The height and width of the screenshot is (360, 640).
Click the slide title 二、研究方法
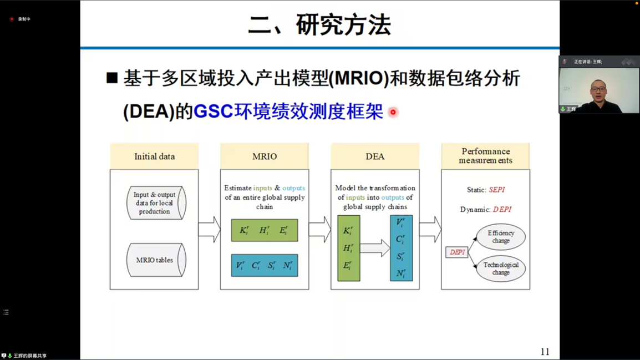pos(319,25)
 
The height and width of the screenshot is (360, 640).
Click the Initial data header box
pos(154,156)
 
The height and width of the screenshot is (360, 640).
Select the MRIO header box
pos(265,156)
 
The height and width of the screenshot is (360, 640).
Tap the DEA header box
pos(375,156)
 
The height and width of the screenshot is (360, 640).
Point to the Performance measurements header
pos(485,156)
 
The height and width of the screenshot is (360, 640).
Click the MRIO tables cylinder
pos(155,260)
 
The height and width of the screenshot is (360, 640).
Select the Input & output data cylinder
pos(155,203)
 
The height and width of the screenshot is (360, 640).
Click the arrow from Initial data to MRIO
pos(209,230)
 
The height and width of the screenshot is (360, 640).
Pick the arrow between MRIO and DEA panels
pos(319,230)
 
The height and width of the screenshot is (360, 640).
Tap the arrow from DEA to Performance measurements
pos(430,230)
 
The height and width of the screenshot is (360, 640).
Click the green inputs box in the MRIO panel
pos(265,231)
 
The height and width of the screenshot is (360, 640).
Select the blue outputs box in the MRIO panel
pos(265,266)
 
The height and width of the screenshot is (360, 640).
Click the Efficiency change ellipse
pos(501,237)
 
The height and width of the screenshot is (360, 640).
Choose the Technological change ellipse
pos(501,269)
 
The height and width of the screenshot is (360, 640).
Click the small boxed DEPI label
pos(457,252)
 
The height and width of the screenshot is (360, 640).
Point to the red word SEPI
pos(496,190)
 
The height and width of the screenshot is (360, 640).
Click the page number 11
pos(545,352)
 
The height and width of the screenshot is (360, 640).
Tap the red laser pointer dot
pos(393,112)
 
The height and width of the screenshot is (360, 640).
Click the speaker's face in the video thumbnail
pos(597,88)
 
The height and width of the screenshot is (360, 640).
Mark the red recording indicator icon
pos(12,19)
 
